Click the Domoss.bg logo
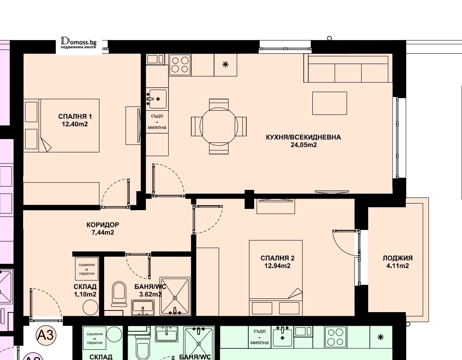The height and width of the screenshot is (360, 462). coord(79,43)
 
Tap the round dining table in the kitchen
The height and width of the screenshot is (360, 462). coord(219,126)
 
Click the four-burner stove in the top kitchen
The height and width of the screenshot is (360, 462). coord(180,65)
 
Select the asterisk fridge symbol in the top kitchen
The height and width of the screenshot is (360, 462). coord(225,64)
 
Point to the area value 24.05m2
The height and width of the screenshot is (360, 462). coord(303,145)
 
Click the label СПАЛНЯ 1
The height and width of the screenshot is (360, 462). coord(75,116)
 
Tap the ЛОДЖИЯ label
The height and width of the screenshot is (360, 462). coord(398,258)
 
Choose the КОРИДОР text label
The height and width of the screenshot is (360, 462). coord(103,225)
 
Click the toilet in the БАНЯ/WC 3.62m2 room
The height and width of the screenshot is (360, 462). coord(119,294)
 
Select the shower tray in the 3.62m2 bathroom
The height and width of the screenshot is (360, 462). coord(175,296)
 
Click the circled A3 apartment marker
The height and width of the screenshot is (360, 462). coord(46,335)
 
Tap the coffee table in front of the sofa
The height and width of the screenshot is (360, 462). coord(329,103)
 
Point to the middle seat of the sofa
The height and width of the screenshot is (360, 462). coord(348,73)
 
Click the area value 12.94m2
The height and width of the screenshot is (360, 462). coord(277,266)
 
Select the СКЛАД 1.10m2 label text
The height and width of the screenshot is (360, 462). coord(85,291)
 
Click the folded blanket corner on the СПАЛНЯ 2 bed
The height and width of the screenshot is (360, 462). coord(296,294)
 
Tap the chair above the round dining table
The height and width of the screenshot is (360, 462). coord(219,104)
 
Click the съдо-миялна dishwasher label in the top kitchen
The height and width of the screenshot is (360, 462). coord(157,122)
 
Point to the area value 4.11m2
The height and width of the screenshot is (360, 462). coord(398,266)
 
